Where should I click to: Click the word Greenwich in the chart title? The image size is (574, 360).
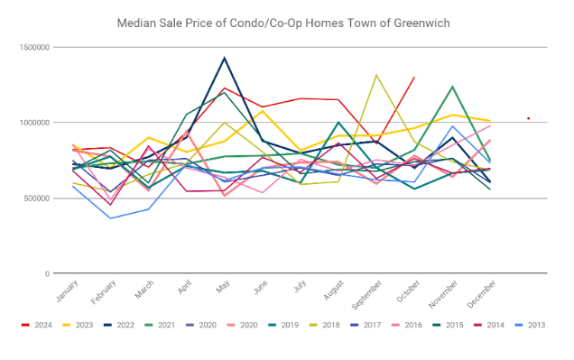pyautogui.click(x=421, y=23)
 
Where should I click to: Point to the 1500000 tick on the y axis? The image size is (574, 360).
pyautogui.click(x=34, y=47)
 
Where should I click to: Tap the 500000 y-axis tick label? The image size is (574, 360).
pyautogui.click(x=36, y=198)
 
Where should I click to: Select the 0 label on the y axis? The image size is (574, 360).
pyautogui.click(x=47, y=273)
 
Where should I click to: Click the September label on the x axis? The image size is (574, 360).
pyautogui.click(x=366, y=295)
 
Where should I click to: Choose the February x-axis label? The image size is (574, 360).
pyautogui.click(x=104, y=292)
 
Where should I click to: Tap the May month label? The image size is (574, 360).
pyautogui.click(x=223, y=286)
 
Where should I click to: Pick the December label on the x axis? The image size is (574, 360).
pyautogui.click(x=481, y=294)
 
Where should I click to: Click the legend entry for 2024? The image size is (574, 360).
pyautogui.click(x=37, y=325)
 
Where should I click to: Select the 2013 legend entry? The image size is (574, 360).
pyautogui.click(x=530, y=325)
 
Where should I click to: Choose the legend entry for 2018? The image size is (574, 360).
pyautogui.click(x=325, y=325)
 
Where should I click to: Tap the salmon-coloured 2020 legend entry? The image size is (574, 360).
pyautogui.click(x=243, y=325)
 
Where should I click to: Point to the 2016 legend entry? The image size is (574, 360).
pyautogui.click(x=407, y=325)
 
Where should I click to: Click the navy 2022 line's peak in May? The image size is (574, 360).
pyautogui.click(x=225, y=58)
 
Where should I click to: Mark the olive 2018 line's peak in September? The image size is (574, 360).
pyautogui.click(x=376, y=75)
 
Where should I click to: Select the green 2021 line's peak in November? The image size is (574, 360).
pyautogui.click(x=452, y=87)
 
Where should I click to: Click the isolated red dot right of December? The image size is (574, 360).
pyautogui.click(x=529, y=118)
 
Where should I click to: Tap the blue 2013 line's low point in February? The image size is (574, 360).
pyautogui.click(x=110, y=218)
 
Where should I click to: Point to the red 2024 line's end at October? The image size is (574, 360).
pyautogui.click(x=414, y=78)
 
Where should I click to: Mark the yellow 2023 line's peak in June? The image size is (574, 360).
pyautogui.click(x=263, y=110)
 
